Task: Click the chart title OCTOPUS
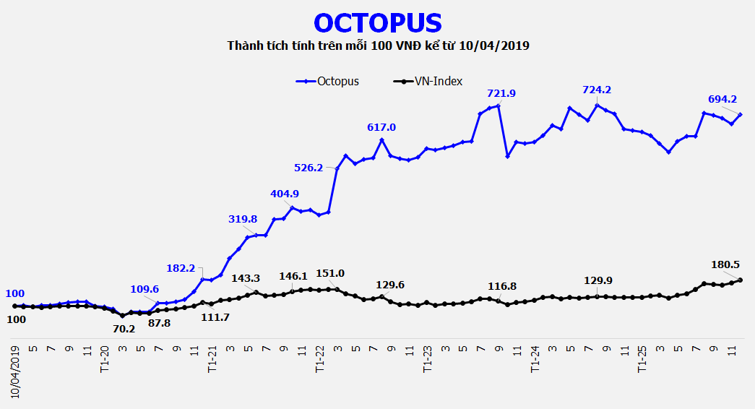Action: [378, 22]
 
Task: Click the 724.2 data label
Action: [597, 90]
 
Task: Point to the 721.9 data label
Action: [501, 93]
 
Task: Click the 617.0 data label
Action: [381, 127]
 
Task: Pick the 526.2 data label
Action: [309, 168]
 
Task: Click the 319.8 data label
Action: [242, 219]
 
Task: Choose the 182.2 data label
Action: [181, 268]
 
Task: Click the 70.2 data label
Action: [124, 328]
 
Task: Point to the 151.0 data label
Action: [331, 273]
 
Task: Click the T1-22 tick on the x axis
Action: [320, 358]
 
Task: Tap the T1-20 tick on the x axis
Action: [105, 358]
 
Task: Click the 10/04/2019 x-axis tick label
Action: [14, 371]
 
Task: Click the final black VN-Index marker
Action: [741, 280]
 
